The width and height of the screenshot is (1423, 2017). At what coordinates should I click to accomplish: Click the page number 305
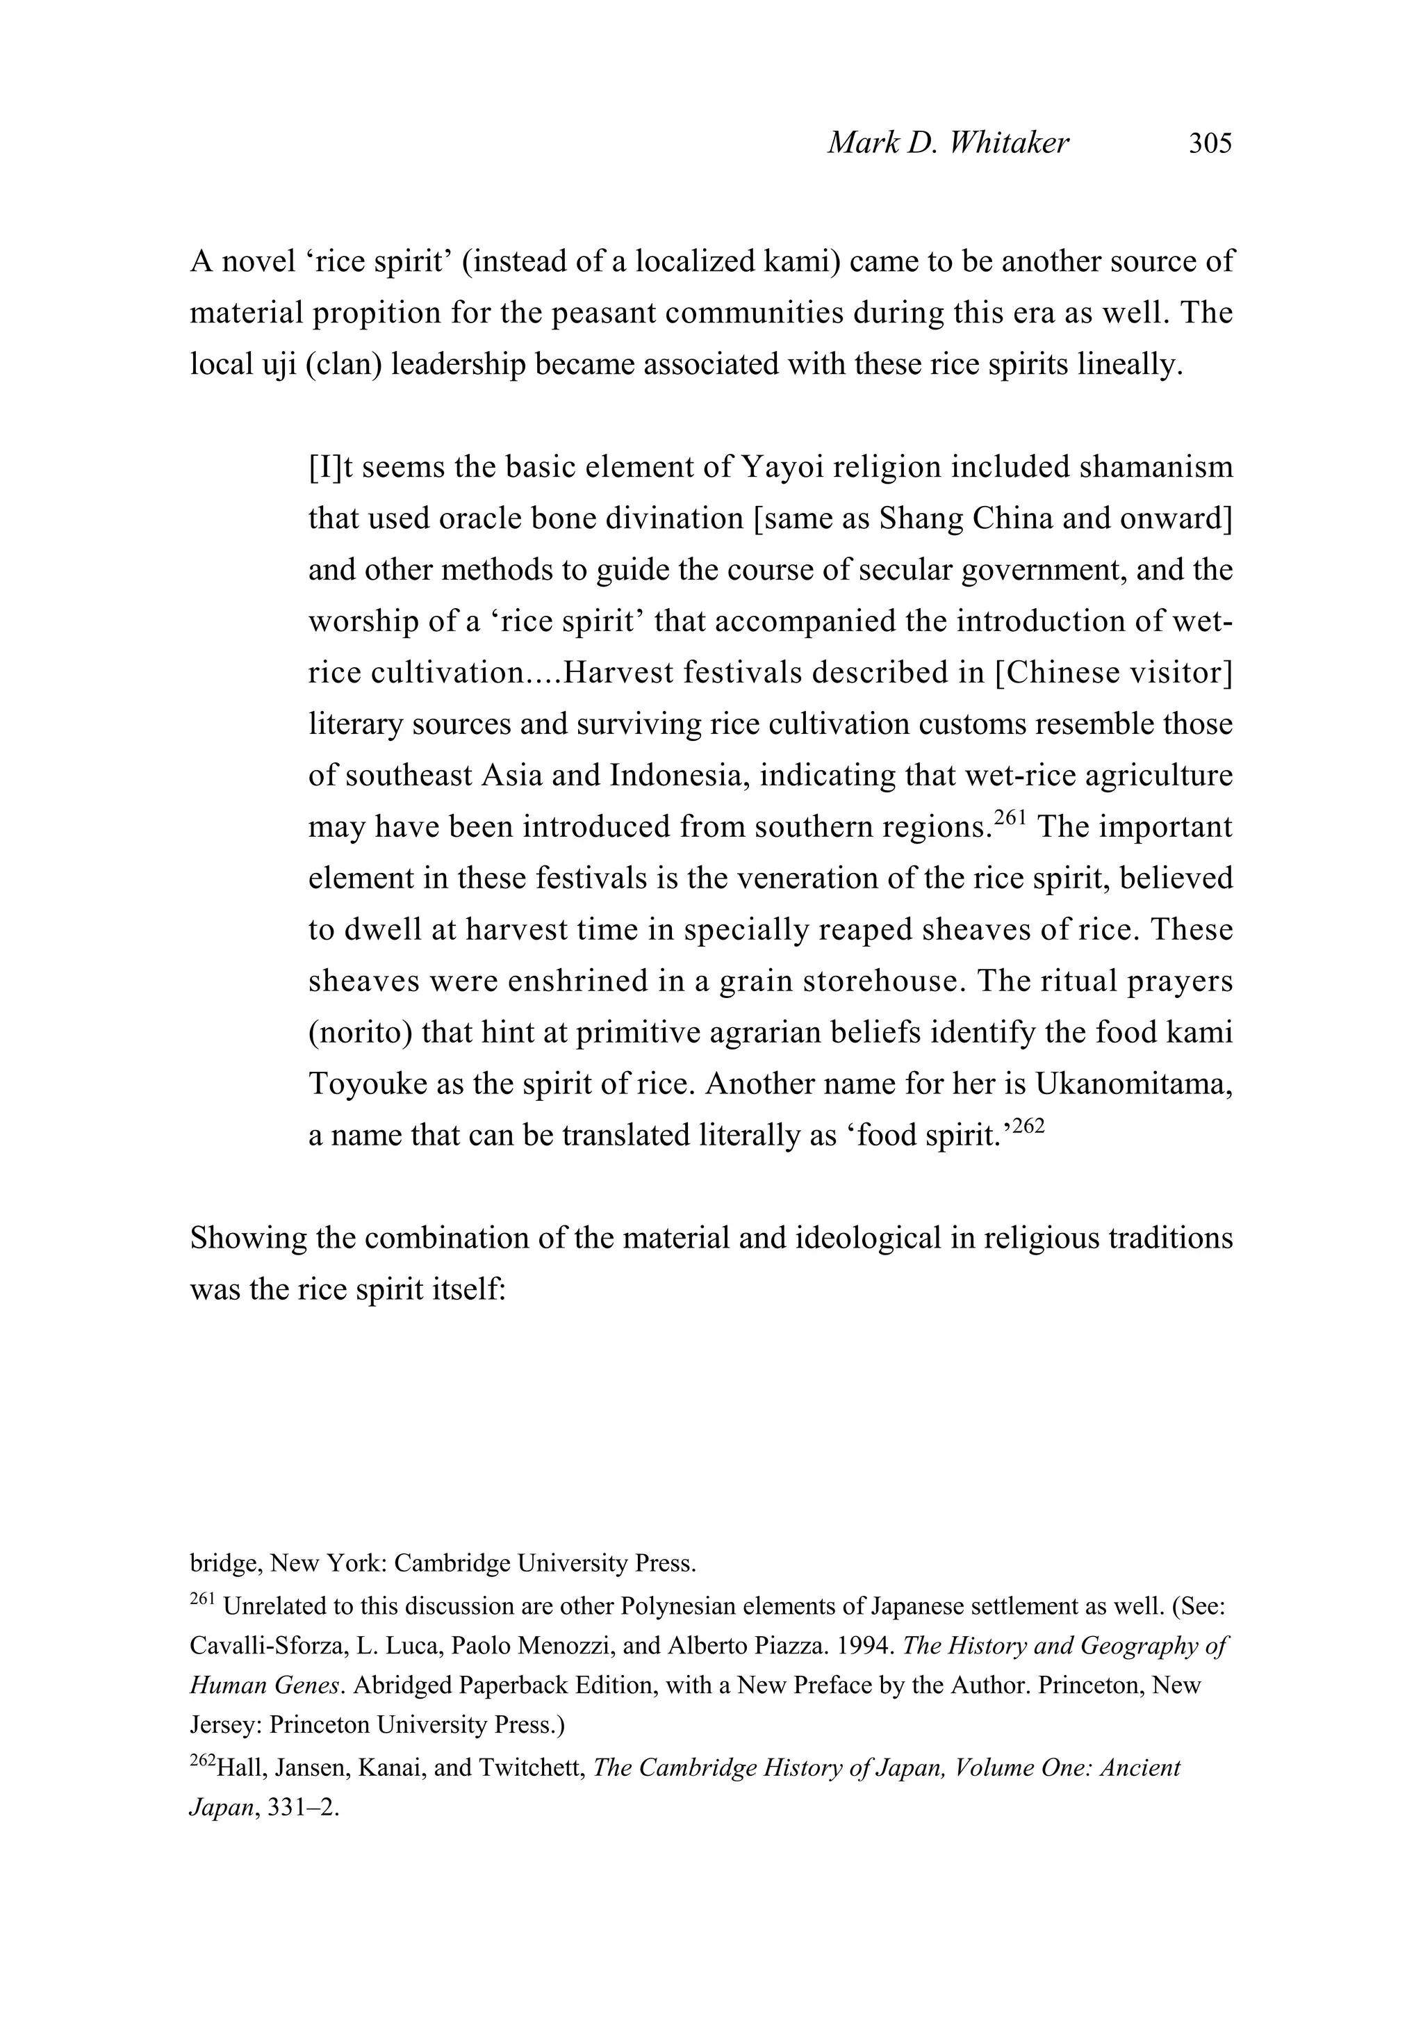[x=1210, y=143]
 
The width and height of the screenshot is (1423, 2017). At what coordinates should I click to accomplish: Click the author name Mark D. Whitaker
[x=948, y=143]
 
